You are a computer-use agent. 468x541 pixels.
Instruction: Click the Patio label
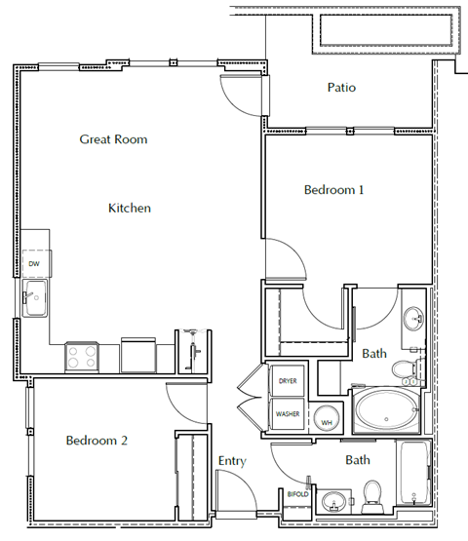pyautogui.click(x=341, y=88)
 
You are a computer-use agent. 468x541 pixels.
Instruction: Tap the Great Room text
pyautogui.click(x=113, y=139)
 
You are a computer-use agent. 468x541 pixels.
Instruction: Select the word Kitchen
pyautogui.click(x=129, y=208)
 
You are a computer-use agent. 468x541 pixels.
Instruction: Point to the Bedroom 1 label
pyautogui.click(x=333, y=190)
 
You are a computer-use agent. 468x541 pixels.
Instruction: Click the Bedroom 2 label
pyautogui.click(x=97, y=441)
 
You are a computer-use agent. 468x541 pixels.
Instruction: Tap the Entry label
pyautogui.click(x=232, y=461)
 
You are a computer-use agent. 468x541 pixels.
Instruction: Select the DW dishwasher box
pyautogui.click(x=34, y=263)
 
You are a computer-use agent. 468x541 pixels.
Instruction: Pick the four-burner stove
pyautogui.click(x=81, y=357)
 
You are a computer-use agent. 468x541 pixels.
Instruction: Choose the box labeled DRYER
pyautogui.click(x=288, y=381)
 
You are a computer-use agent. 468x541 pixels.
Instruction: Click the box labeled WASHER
pyautogui.click(x=288, y=414)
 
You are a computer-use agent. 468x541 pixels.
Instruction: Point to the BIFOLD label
pyautogui.click(x=296, y=495)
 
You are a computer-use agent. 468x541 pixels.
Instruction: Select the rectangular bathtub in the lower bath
pyautogui.click(x=413, y=476)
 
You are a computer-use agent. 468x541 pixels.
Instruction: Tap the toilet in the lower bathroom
pyautogui.click(x=371, y=495)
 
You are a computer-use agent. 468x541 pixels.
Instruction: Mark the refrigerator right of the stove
pyautogui.click(x=138, y=355)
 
